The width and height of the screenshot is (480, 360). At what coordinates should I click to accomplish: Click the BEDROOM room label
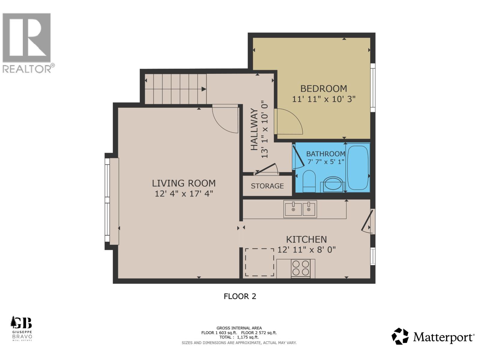[324, 88]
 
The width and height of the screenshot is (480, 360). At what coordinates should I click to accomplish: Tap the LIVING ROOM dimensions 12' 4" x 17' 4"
[184, 193]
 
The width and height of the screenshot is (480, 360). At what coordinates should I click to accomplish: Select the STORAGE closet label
[267, 186]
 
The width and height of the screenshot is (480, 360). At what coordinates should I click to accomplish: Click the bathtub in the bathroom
[358, 168]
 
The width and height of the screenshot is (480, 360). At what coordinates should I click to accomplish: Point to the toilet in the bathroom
[309, 181]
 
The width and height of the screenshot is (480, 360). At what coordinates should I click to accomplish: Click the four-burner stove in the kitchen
[301, 268]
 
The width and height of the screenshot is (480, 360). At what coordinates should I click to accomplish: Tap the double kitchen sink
[300, 209]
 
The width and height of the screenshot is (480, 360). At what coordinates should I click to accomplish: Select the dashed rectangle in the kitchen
[259, 262]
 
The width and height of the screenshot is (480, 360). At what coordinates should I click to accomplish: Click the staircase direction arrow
[204, 89]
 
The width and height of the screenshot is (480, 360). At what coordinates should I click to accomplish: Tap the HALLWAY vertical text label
[254, 130]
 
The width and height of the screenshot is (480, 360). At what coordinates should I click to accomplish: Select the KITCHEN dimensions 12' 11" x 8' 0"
[306, 250]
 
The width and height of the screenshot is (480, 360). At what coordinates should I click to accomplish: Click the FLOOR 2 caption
[240, 296]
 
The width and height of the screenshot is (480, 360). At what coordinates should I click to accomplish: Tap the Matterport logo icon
[400, 336]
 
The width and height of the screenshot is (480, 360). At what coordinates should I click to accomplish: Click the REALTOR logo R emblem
[26, 37]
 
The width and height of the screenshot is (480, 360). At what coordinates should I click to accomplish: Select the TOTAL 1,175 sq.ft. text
[239, 337]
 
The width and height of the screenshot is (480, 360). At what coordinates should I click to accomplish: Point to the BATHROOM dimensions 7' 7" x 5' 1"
[326, 162]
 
